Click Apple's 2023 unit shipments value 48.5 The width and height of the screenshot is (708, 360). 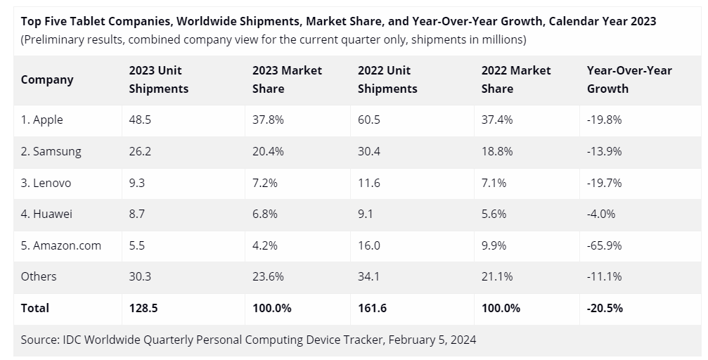pos(140,120)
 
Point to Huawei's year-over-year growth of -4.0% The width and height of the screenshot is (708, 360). pos(601,214)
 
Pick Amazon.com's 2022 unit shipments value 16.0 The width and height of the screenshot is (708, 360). pos(368,245)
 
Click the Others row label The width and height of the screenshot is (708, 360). pos(39,276)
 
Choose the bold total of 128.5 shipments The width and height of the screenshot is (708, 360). pos(143,308)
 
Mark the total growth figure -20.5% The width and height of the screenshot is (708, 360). pos(605,308)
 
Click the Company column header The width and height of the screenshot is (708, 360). pos(47,79)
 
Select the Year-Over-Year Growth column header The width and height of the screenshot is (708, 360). pos(629,79)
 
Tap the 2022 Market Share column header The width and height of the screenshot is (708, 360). pos(516,79)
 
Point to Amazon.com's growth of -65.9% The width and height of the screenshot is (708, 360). pos(604,245)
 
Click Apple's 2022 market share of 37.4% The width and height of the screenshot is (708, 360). pos(497,120)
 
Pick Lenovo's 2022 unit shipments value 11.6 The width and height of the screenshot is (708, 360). pos(368,183)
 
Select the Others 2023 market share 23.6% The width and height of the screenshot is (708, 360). pos(268,276)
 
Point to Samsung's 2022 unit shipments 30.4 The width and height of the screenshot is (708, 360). pos(368,151)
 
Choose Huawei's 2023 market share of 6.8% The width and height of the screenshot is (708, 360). pos(265,214)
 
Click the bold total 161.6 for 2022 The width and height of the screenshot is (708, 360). pos(372,308)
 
